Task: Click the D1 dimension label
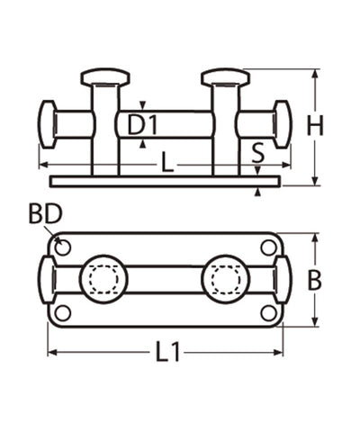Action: pyautogui.click(x=142, y=125)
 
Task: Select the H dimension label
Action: pyautogui.click(x=315, y=125)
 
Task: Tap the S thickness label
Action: pyautogui.click(x=258, y=152)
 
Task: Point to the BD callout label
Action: pyautogui.click(x=46, y=214)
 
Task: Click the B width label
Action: pyautogui.click(x=315, y=281)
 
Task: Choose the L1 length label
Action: pyautogui.click(x=167, y=352)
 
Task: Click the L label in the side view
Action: pyautogui.click(x=167, y=162)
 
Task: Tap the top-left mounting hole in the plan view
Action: pyautogui.click(x=63, y=247)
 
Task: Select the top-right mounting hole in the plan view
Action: pyautogui.click(x=268, y=247)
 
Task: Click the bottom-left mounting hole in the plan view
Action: pyautogui.click(x=63, y=313)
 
